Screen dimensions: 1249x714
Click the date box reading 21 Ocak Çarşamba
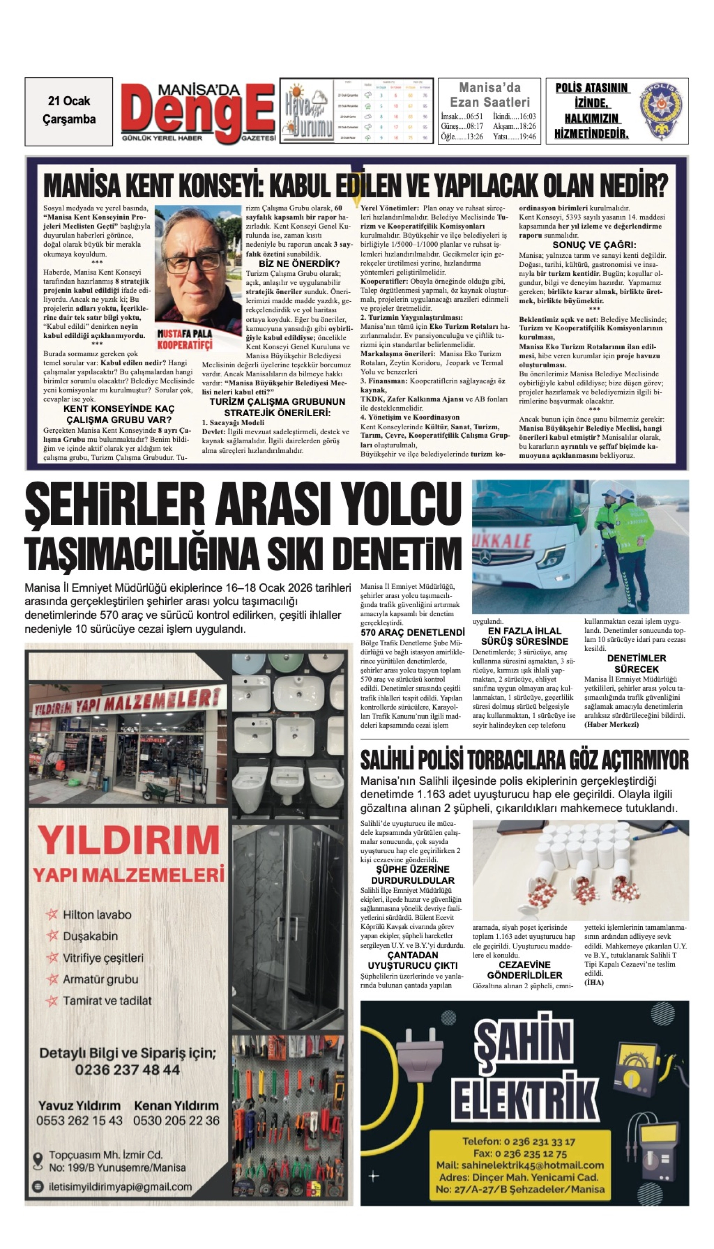pyautogui.click(x=69, y=111)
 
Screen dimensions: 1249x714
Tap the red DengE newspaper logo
pyautogui.click(x=198, y=113)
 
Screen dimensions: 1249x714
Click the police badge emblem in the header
pyautogui.click(x=663, y=111)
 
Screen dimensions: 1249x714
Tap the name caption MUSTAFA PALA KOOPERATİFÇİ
pyautogui.click(x=185, y=339)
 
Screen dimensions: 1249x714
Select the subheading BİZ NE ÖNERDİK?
pyautogui.click(x=299, y=264)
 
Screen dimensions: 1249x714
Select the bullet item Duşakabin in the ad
pyautogui.click(x=90, y=936)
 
